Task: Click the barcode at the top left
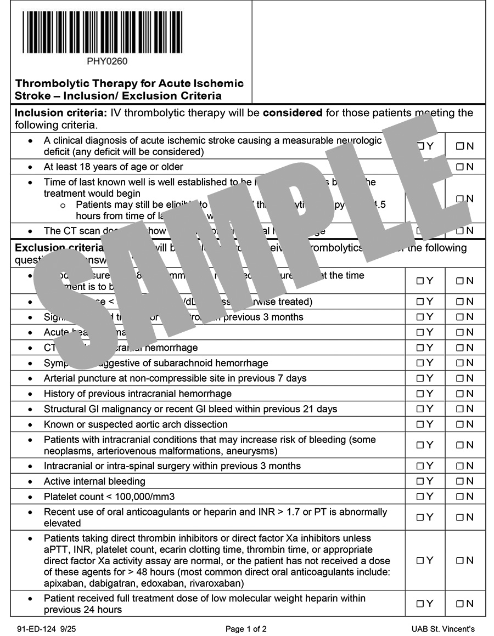[x=103, y=32]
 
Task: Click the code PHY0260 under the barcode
[x=107, y=61]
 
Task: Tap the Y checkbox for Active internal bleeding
[x=420, y=481]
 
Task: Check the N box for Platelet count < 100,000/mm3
[x=459, y=497]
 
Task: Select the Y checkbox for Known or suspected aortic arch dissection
[x=420, y=424]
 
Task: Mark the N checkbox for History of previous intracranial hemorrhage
[x=459, y=394]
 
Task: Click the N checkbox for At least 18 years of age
[x=459, y=167]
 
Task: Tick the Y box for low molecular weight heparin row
[x=420, y=604]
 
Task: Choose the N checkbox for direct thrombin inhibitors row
[x=459, y=560]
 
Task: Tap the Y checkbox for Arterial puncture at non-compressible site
[x=420, y=378]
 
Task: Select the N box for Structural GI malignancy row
[x=459, y=409]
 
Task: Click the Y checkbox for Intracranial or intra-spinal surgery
[x=420, y=466]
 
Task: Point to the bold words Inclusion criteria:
[x=61, y=113]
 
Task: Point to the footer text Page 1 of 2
[x=246, y=629]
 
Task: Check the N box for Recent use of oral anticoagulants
[x=459, y=517]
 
